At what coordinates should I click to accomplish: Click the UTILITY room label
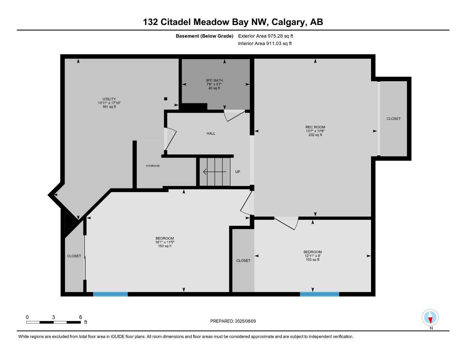click(x=109, y=99)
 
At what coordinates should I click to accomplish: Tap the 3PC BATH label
click(x=214, y=81)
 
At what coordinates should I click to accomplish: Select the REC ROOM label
click(x=315, y=127)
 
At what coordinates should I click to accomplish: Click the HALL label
click(x=211, y=133)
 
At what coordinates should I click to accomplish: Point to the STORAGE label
click(x=153, y=166)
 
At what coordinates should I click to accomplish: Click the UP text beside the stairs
click(x=237, y=172)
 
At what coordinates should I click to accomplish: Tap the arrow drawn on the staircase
click(x=215, y=172)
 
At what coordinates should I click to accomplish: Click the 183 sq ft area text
click(x=165, y=246)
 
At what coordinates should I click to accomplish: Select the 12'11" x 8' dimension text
click(x=312, y=256)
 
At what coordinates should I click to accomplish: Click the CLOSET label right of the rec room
click(x=394, y=119)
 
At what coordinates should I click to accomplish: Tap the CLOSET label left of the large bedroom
click(x=74, y=256)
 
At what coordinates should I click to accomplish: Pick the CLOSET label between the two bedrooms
click(x=243, y=261)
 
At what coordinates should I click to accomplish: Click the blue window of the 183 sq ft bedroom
click(x=110, y=294)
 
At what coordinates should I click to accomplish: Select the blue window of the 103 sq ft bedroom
click(x=319, y=294)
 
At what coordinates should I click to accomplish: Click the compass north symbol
click(x=430, y=318)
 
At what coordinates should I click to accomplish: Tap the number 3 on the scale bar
click(x=53, y=317)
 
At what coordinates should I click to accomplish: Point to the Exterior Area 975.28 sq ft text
click(x=266, y=36)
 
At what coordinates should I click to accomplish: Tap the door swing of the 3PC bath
click(x=234, y=115)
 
